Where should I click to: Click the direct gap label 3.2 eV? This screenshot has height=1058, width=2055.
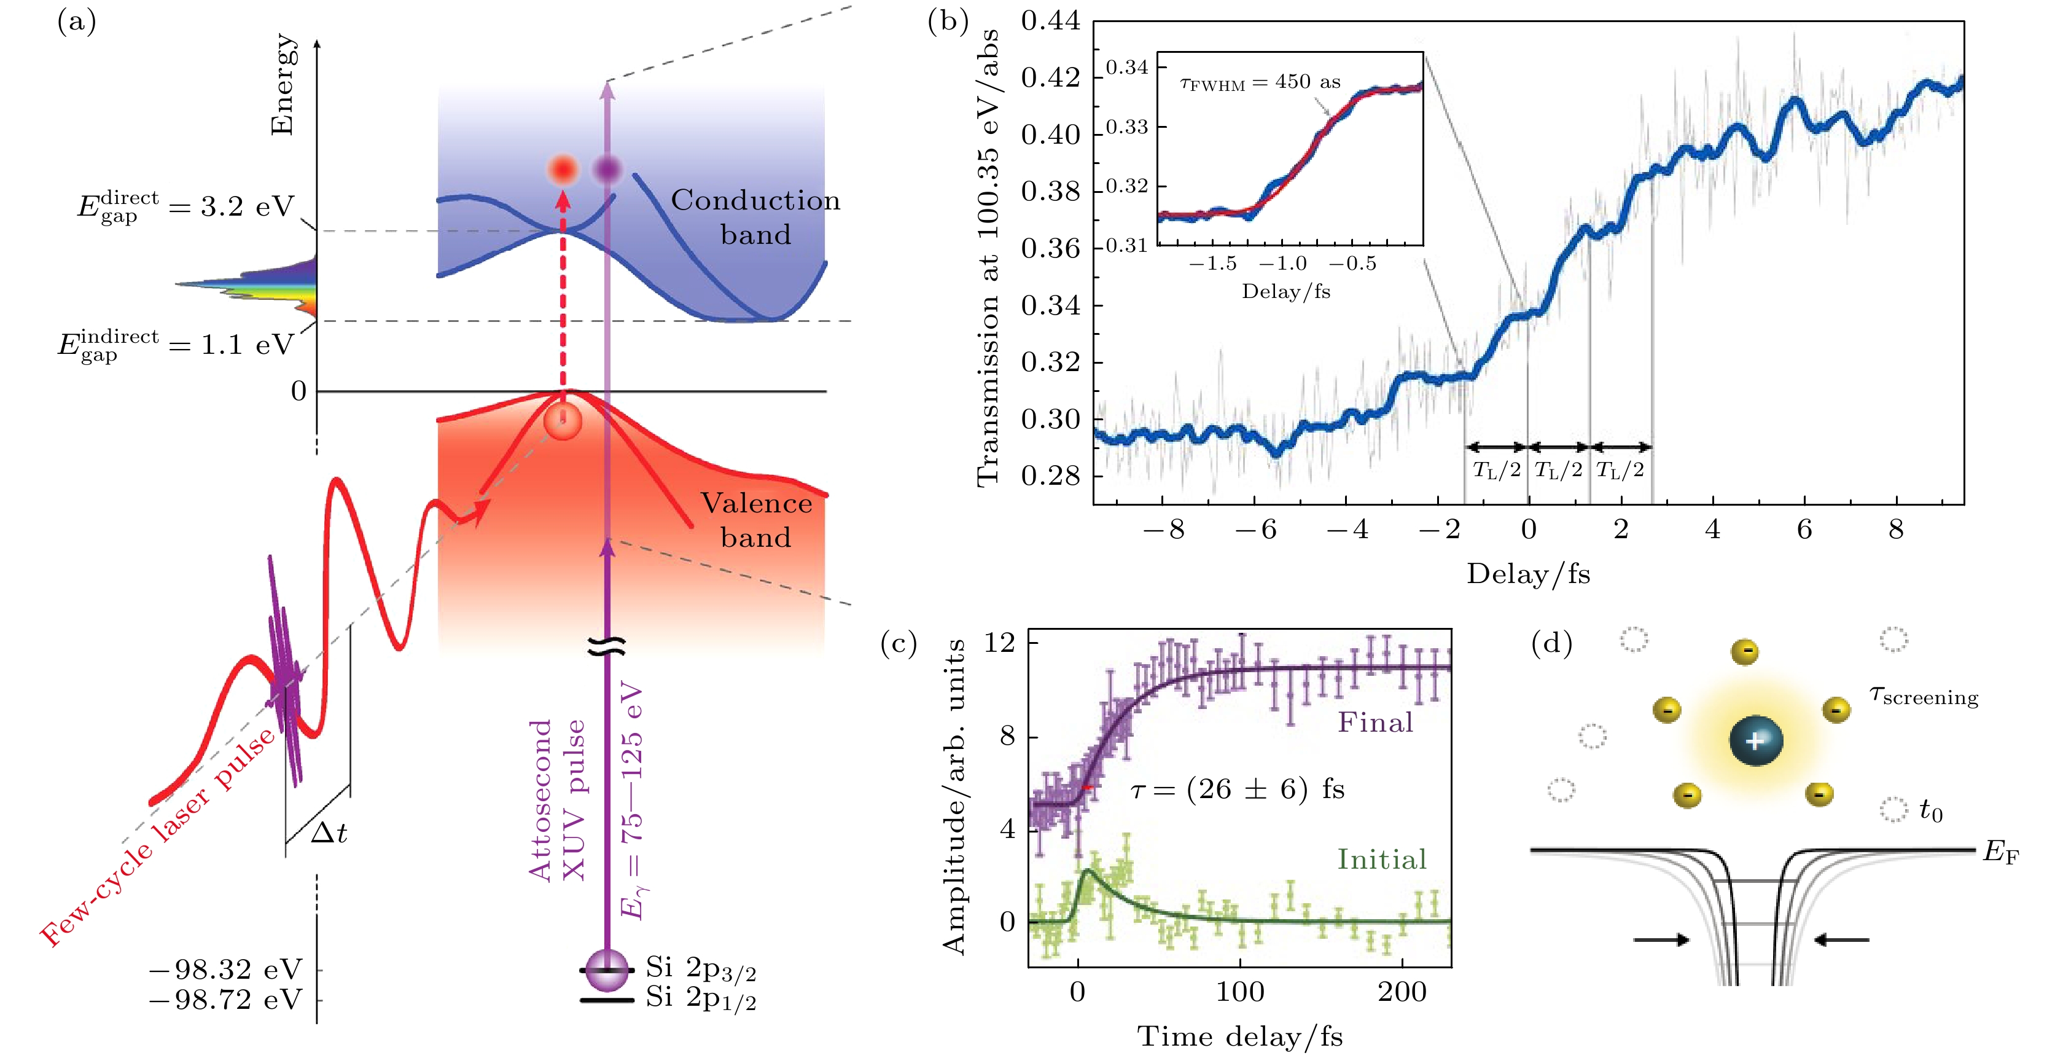click(186, 208)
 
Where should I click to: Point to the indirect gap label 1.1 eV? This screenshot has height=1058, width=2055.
click(176, 345)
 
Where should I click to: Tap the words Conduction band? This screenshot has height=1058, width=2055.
click(755, 217)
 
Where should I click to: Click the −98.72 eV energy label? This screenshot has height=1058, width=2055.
click(226, 1000)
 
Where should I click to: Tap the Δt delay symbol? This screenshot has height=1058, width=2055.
click(328, 834)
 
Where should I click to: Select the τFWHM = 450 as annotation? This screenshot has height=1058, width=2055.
click(1260, 82)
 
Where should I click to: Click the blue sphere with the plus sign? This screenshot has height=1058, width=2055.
click(1756, 740)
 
